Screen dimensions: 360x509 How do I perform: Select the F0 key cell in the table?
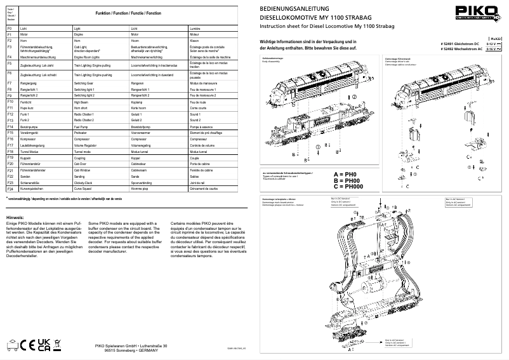pyautogui.click(x=10, y=29)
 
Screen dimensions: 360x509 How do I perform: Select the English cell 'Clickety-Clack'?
pyautogui.click(x=86, y=182)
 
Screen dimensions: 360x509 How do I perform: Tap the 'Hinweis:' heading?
pyautogui.click(x=16, y=217)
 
